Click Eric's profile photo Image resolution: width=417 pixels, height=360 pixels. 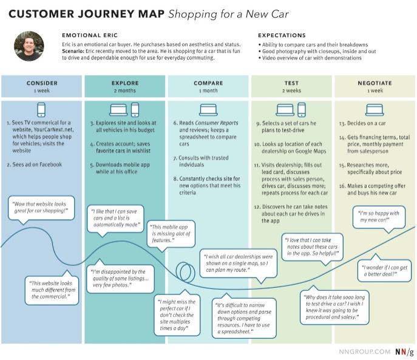pos(29,46)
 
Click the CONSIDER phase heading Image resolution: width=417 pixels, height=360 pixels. pos(42,83)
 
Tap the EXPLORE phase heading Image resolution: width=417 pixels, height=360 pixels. pos(125,83)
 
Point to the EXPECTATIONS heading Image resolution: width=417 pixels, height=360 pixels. pos(282,35)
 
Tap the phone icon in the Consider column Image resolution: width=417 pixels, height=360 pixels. pos(42,110)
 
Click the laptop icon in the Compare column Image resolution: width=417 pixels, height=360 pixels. pos(208,110)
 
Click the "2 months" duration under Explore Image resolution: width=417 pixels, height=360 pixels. pos(125,90)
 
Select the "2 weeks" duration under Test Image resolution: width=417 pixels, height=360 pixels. pos(291,90)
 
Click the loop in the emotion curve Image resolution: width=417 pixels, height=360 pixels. pos(183,271)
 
